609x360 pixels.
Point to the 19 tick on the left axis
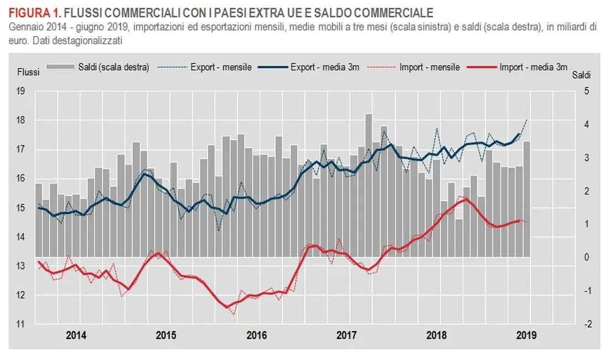click(21, 91)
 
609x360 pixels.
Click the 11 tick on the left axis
click(21, 325)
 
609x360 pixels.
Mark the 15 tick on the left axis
click(21, 208)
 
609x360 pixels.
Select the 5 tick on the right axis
click(586, 91)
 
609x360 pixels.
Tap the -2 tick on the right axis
click(585, 325)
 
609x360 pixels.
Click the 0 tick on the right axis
click(586, 258)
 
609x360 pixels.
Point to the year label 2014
click(76, 336)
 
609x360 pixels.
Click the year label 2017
click(346, 336)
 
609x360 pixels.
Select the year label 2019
click(524, 336)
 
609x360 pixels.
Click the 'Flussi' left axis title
click(28, 72)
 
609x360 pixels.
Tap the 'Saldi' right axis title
click(581, 74)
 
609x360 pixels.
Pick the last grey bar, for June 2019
click(527, 199)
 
